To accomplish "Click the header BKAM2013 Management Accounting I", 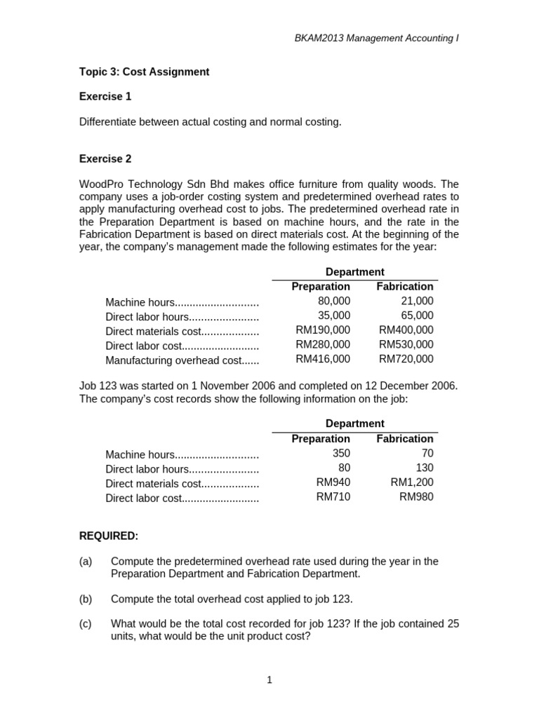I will coord(376,38).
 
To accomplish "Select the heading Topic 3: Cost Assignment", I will coord(144,72).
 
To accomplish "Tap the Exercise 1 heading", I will coord(105,97).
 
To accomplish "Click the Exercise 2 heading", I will coord(105,158).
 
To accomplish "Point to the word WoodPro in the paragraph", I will coord(100,184).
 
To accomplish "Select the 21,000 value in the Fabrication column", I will coord(416,301).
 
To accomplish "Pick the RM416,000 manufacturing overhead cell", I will coord(323,359).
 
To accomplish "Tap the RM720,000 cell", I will coord(406,359).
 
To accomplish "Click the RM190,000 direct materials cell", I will coord(323,330).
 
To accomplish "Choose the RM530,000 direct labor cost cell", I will coord(406,344).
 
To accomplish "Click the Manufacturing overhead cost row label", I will coord(182,360).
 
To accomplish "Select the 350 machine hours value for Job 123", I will coord(341,453).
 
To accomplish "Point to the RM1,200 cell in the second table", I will coord(412,482).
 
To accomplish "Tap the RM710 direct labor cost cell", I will coord(333,497).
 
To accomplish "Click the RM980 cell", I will coord(416,497).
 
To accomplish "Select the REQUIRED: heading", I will coord(109,536).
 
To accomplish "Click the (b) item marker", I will coord(86,599).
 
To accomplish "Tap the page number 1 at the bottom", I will coord(269,679).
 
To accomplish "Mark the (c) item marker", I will coord(86,624).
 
